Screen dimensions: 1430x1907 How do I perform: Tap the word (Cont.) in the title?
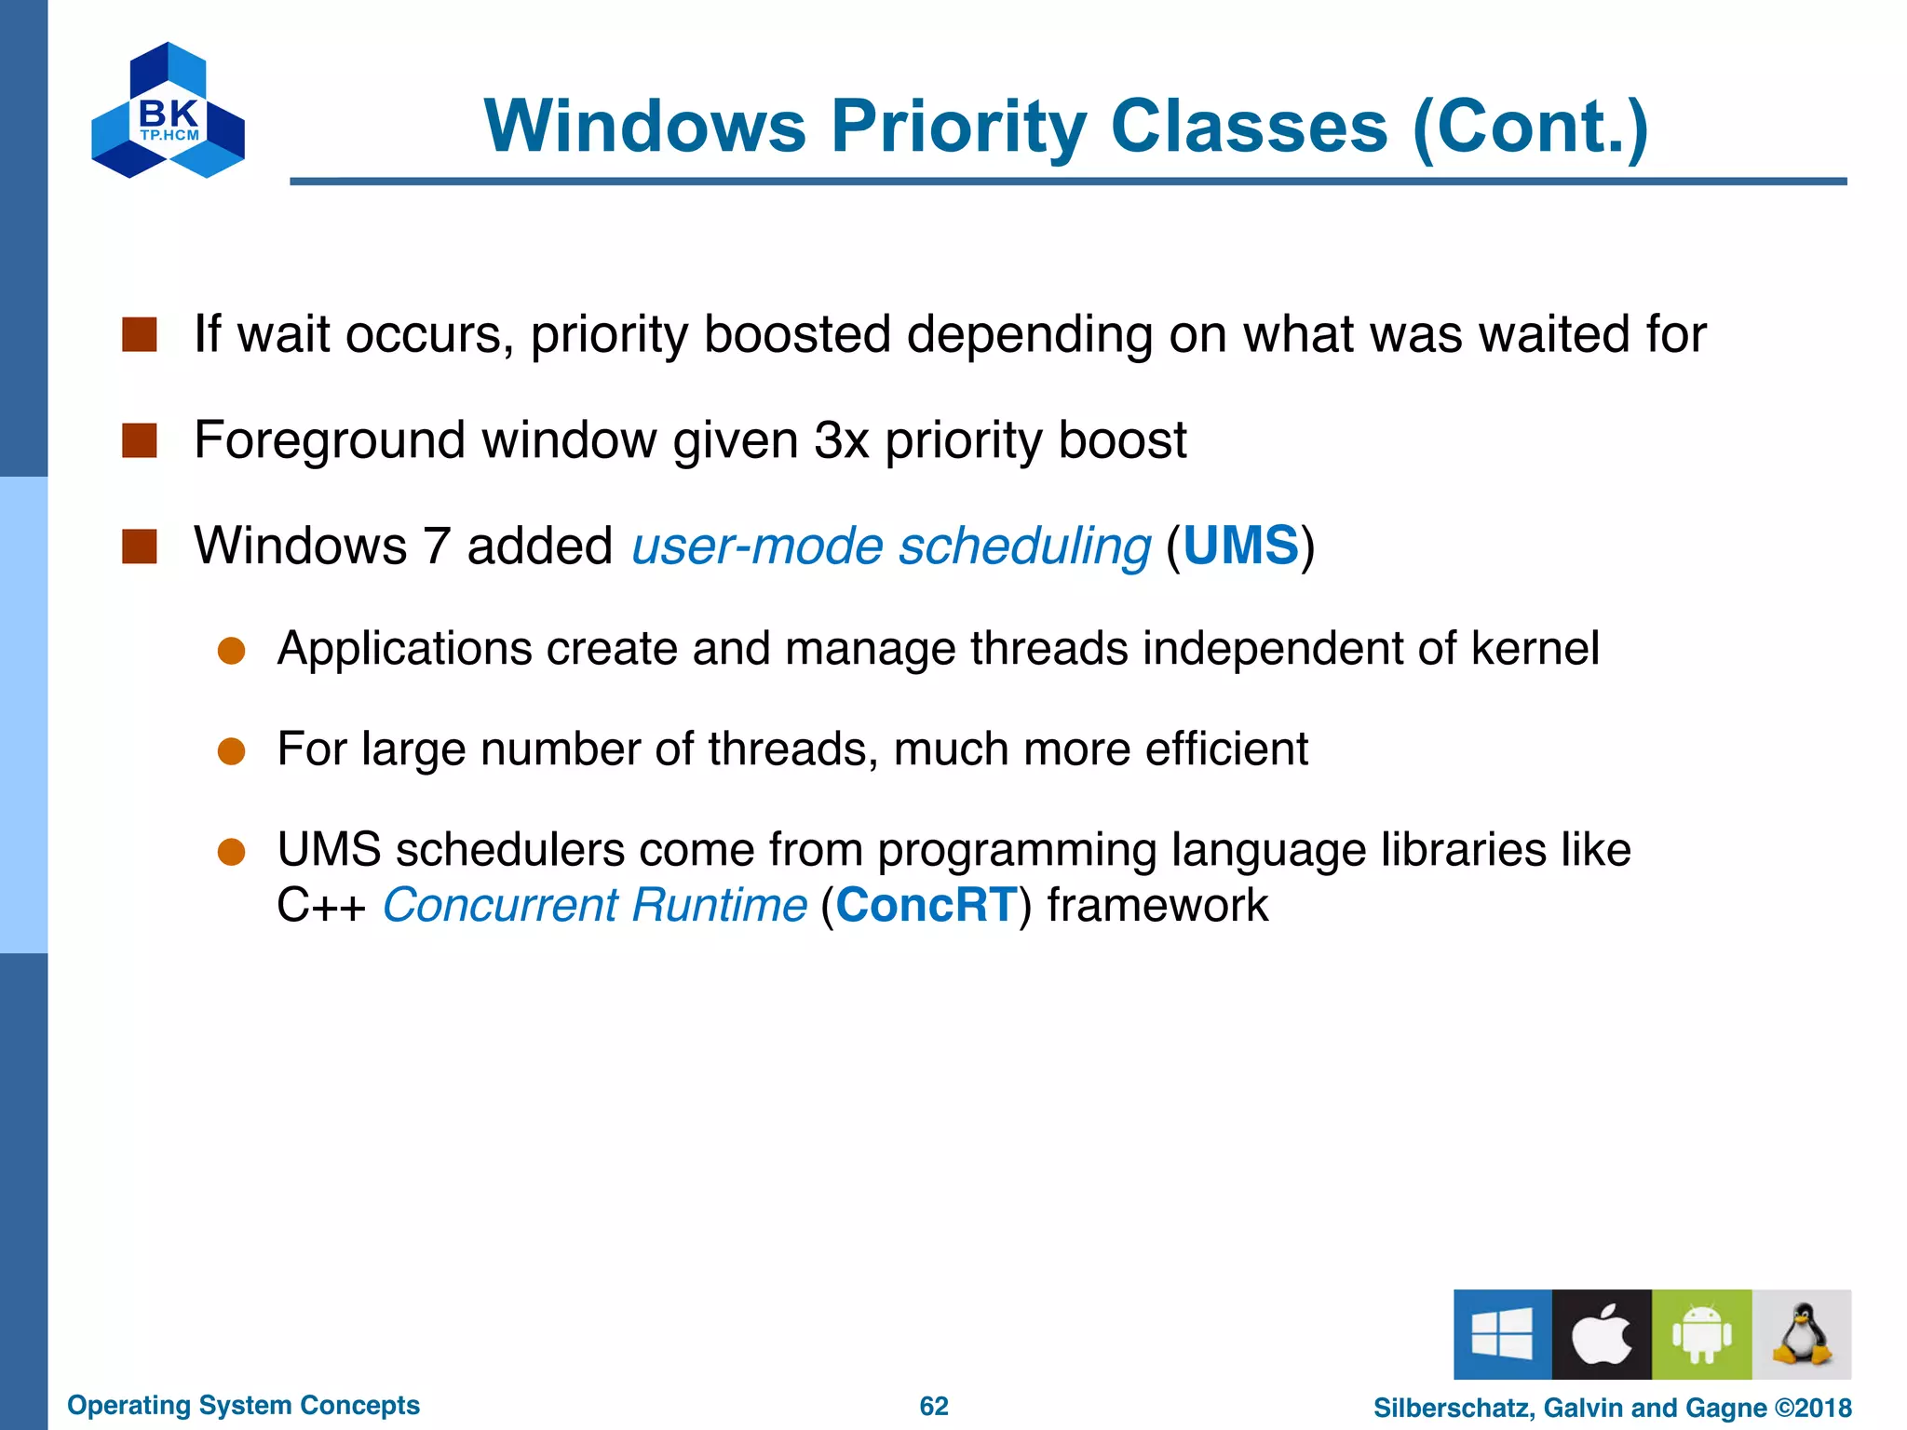tap(1530, 127)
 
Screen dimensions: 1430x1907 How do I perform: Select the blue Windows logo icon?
tap(1502, 1333)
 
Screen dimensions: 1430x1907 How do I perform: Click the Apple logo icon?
tap(1602, 1333)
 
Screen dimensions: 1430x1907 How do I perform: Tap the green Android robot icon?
tap(1701, 1333)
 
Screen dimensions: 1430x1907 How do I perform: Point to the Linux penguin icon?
tap(1801, 1333)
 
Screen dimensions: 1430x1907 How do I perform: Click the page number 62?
tap(934, 1406)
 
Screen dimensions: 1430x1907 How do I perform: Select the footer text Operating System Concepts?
tap(243, 1405)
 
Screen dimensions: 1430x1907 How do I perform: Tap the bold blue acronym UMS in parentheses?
tap(1240, 546)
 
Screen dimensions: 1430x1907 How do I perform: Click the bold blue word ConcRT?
tap(926, 905)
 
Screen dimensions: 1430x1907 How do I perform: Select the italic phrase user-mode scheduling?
tap(891, 546)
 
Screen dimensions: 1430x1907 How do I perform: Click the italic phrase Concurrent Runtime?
tap(594, 905)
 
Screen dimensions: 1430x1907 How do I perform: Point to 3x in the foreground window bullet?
tap(841, 439)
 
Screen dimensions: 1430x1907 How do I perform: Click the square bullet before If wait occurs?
tap(140, 334)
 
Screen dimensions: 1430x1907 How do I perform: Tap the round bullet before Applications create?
tap(231, 651)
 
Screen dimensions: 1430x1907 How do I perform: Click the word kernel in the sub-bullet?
tap(1535, 648)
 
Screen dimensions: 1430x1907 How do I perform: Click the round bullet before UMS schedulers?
tap(231, 852)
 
